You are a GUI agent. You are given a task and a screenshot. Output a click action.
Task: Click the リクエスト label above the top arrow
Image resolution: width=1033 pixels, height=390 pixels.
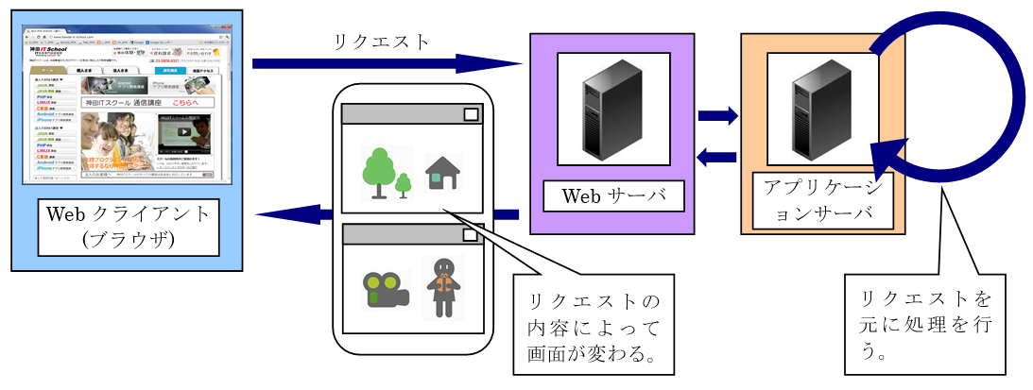pos(381,42)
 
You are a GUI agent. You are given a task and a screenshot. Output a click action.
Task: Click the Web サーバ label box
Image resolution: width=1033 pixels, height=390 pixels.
pos(613,196)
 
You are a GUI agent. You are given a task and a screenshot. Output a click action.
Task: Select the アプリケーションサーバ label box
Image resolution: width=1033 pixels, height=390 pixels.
pos(822,199)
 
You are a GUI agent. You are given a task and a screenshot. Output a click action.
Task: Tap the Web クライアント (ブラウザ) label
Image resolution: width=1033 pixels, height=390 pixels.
pos(128,227)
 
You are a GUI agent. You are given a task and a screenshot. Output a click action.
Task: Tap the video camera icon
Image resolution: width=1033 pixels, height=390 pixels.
pos(385,289)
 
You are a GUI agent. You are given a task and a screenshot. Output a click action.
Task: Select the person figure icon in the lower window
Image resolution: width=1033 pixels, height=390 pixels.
pos(442,286)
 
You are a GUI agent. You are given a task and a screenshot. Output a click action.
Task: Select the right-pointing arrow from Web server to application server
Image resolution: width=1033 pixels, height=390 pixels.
pos(718,116)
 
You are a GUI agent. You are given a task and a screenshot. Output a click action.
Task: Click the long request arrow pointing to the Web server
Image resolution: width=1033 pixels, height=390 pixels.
pos(387,64)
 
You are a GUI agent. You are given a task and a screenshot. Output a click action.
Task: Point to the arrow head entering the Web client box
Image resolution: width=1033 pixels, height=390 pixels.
pos(274,214)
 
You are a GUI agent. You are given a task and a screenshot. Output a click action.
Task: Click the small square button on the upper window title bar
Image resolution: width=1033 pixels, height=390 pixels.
pos(471,114)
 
